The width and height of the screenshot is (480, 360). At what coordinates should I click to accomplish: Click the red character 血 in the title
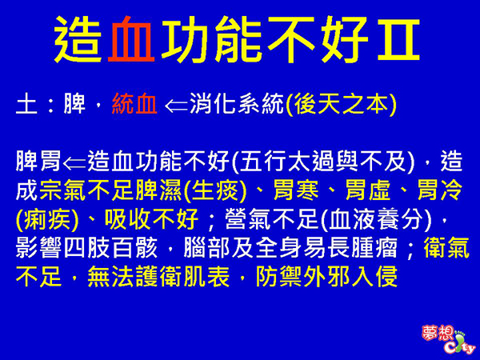(131, 39)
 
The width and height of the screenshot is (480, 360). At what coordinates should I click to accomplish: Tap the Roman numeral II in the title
(398, 39)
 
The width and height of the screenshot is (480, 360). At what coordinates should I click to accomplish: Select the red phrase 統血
(134, 104)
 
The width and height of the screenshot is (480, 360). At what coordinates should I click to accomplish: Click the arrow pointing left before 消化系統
(176, 106)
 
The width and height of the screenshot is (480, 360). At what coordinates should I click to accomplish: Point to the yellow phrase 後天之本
(342, 104)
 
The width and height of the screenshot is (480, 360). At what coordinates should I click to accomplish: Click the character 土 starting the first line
(26, 104)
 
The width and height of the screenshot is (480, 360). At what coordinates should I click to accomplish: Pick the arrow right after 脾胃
(74, 163)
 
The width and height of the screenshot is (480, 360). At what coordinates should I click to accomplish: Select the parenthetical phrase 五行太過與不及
(323, 162)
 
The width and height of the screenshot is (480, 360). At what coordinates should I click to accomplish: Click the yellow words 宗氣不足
(87, 190)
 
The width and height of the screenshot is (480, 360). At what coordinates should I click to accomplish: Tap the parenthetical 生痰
(215, 190)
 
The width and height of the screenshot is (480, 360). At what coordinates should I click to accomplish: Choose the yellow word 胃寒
(296, 190)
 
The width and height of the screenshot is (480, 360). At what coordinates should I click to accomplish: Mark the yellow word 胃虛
(368, 190)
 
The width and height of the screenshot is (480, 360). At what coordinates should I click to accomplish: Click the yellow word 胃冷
(440, 190)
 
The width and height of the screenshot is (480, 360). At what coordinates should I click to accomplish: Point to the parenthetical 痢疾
(47, 219)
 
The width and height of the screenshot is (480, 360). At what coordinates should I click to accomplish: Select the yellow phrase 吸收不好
(151, 219)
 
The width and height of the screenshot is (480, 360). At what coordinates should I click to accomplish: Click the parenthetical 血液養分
(376, 219)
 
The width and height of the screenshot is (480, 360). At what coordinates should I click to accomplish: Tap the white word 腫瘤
(374, 248)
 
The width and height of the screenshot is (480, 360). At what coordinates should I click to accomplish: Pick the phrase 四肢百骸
(110, 248)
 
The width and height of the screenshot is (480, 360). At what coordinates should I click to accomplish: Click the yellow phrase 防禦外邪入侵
(326, 277)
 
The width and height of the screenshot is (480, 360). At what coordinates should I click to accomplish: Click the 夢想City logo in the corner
(448, 339)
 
